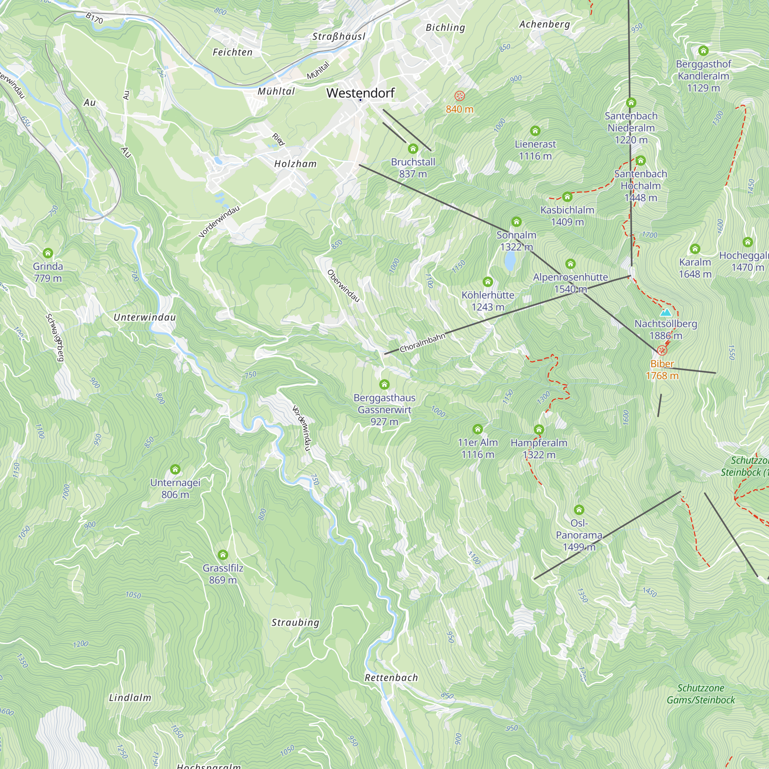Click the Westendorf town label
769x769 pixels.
[x=360, y=93]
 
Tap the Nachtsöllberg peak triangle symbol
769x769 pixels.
[x=666, y=313]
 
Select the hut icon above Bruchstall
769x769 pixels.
[x=413, y=149]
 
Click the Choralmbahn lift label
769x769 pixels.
[x=422, y=343]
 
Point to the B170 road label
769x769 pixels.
[x=94, y=18]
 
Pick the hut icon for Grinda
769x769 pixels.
[x=48, y=253]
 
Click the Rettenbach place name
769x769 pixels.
[x=391, y=677]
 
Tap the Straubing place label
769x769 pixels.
[x=295, y=623]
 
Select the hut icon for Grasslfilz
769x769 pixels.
[x=223, y=555]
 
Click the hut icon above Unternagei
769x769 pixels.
[x=175, y=470]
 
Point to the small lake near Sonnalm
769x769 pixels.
[x=509, y=261]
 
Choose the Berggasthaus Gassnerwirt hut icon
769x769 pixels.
[x=384, y=384]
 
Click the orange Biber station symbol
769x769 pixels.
[x=662, y=351]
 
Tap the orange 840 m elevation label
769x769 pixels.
[x=459, y=109]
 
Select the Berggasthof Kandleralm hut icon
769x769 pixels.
[x=703, y=50]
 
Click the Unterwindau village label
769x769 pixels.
[x=145, y=317]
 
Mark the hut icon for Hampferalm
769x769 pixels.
[x=539, y=429]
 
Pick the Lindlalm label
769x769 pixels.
[x=130, y=697]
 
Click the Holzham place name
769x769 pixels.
[x=295, y=163]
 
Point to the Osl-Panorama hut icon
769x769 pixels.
[x=579, y=510]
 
